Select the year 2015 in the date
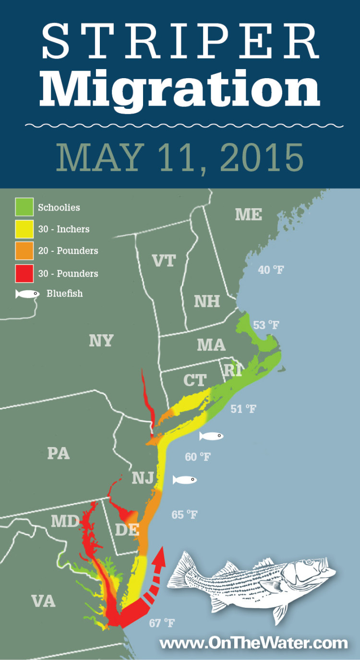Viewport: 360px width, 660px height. click(x=262, y=157)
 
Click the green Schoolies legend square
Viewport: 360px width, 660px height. click(x=24, y=207)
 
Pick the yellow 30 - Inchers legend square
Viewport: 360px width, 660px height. click(x=24, y=229)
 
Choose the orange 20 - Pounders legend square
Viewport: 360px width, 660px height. click(x=24, y=250)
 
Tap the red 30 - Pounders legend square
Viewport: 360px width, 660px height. click(x=24, y=273)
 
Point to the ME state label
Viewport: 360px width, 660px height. click(x=248, y=214)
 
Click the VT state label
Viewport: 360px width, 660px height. click(x=164, y=260)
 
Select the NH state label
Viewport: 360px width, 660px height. click(x=207, y=301)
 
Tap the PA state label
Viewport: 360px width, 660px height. click(x=59, y=453)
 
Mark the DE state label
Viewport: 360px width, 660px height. click(x=127, y=530)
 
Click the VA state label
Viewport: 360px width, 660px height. click(x=43, y=601)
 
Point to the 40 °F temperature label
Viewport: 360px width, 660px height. click(x=271, y=270)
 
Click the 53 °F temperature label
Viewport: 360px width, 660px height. click(x=266, y=325)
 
